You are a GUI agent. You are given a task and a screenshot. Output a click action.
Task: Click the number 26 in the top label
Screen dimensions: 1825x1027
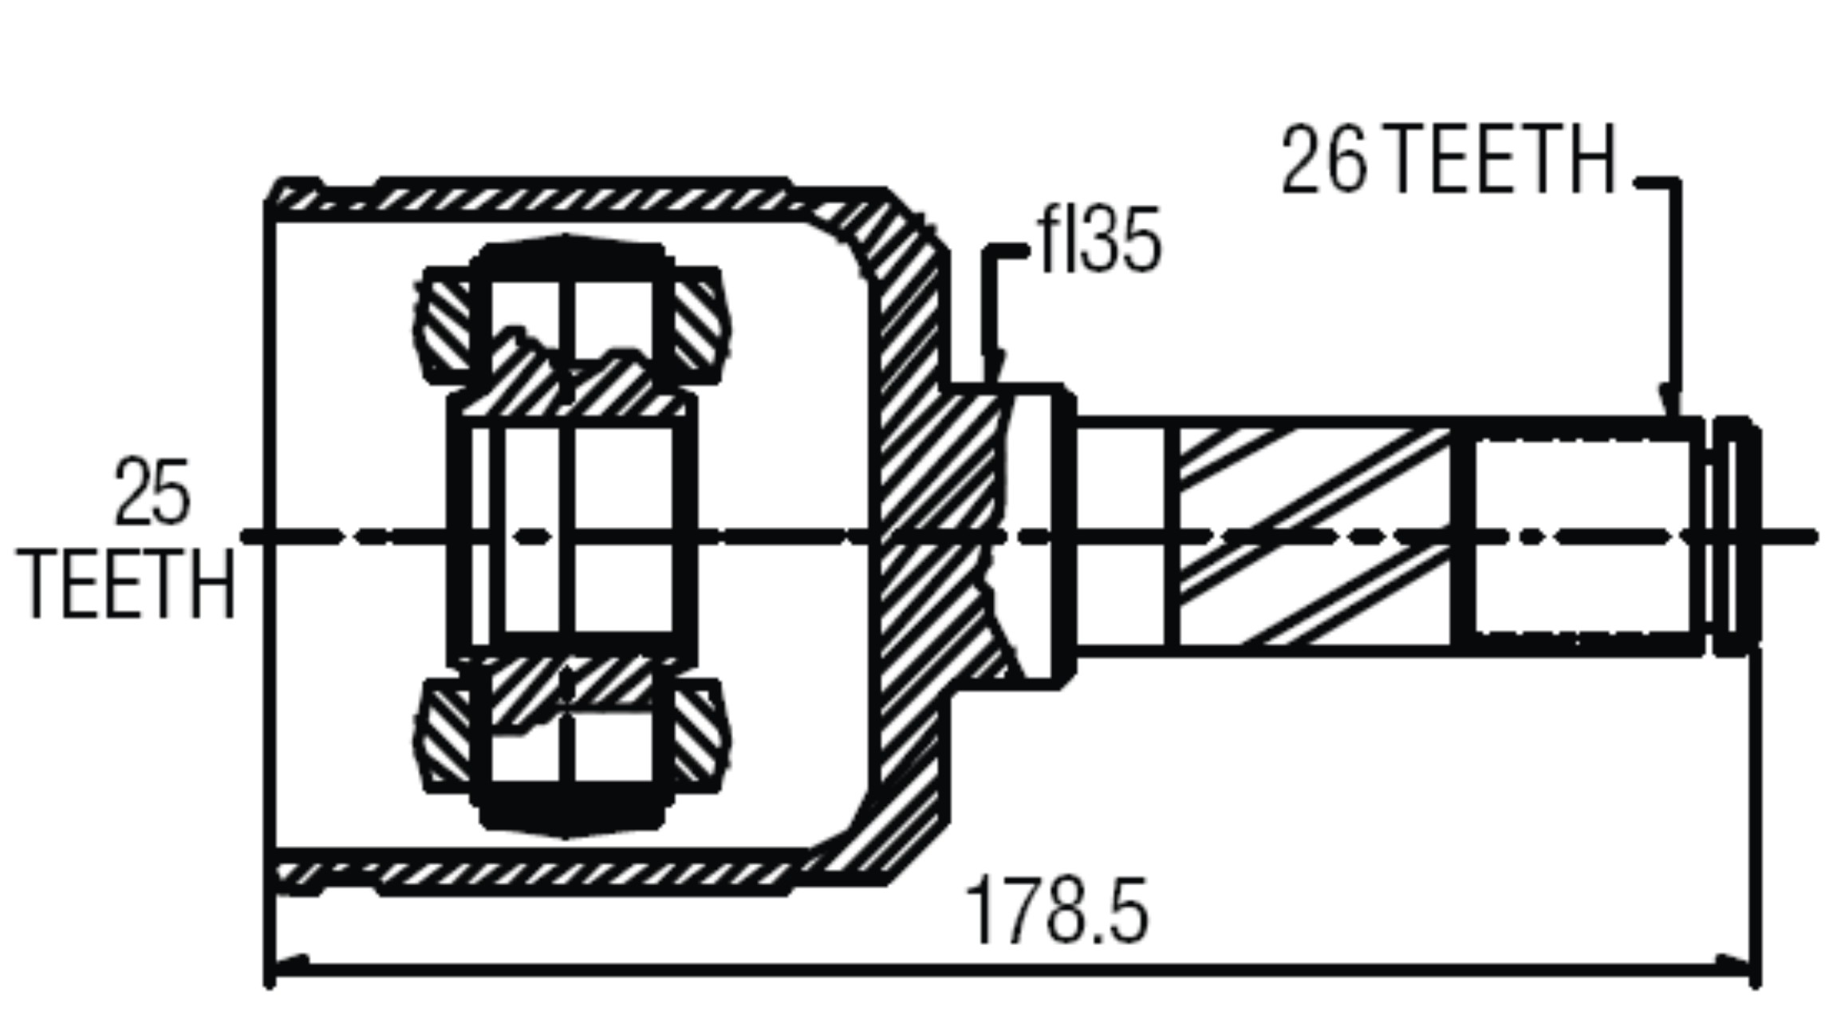(x=1324, y=159)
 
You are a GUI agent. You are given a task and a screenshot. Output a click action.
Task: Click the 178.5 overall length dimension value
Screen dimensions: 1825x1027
(x=1058, y=910)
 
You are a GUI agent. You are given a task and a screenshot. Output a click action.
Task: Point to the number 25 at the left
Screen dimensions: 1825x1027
(x=152, y=492)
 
